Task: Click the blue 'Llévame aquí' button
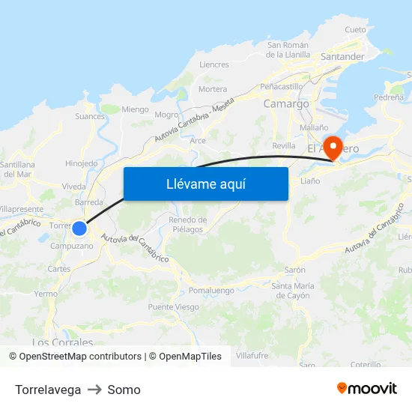pos(205,184)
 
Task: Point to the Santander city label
pos(342,56)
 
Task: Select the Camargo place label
pos(286,104)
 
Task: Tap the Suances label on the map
pos(90,116)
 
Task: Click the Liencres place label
pos(214,64)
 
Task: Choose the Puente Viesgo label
pos(173,307)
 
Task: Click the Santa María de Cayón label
pos(292,290)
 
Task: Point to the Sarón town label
pos(295,270)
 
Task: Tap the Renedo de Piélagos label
pos(187,224)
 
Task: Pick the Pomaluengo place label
pos(212,290)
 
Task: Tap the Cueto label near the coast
pos(356,30)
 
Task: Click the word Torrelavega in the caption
pos(48,390)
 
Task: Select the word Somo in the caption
pos(124,390)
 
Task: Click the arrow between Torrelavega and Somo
pos(94,390)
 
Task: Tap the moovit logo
pos(366,388)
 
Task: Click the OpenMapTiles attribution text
pos(185,357)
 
